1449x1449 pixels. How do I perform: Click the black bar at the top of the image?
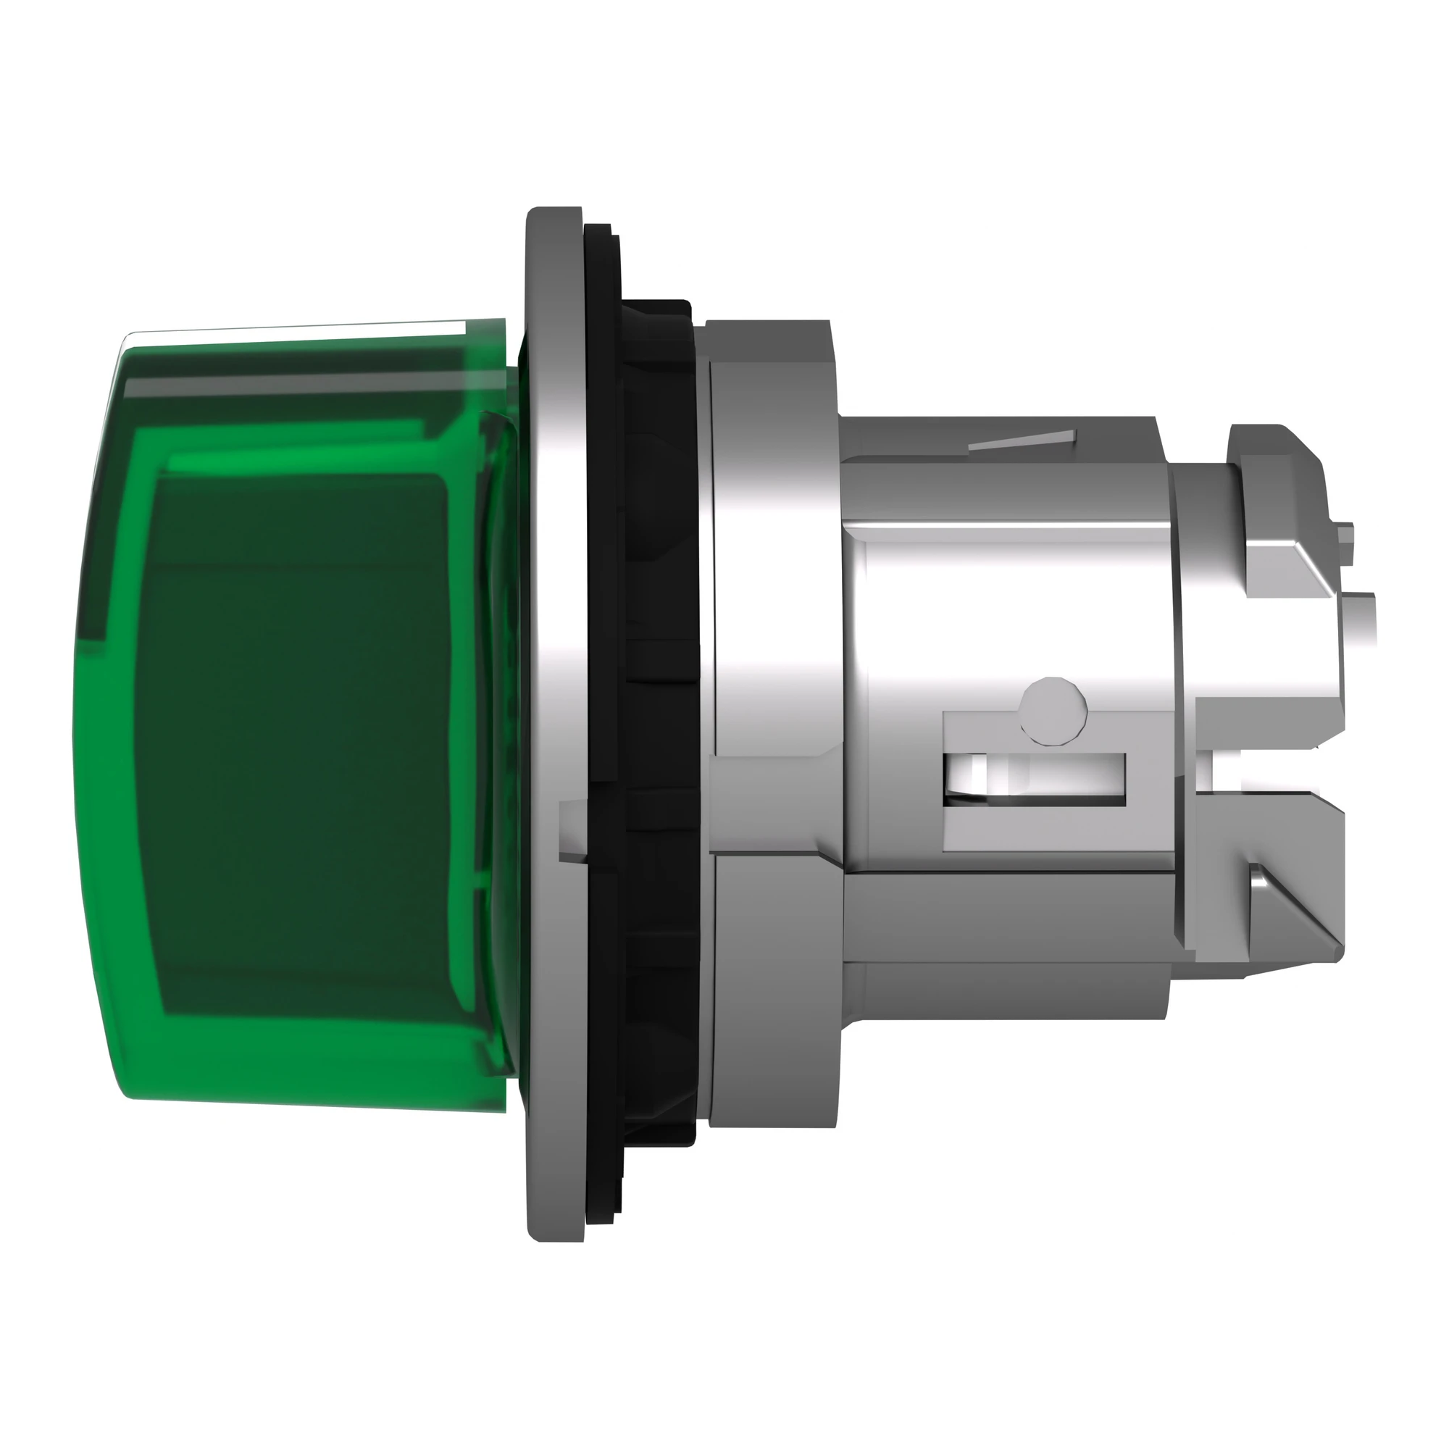(x=724, y=71)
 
